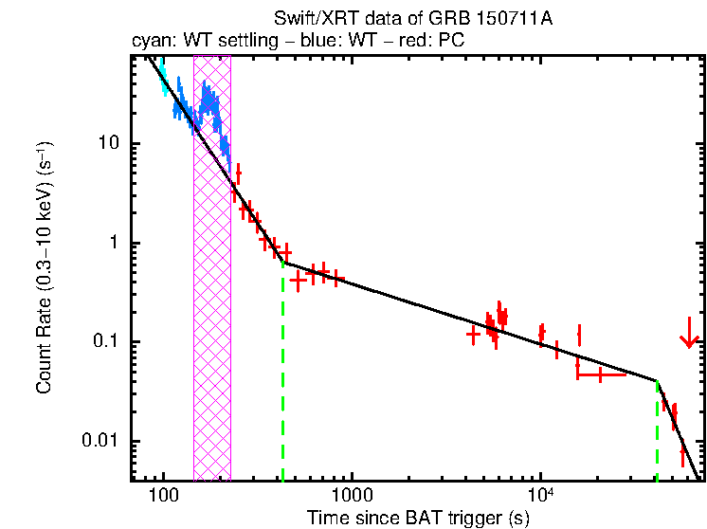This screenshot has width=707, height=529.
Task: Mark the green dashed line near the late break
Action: click(x=657, y=431)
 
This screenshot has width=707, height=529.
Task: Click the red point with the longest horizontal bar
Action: click(x=600, y=375)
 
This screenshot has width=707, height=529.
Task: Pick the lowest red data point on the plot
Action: click(x=682, y=458)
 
